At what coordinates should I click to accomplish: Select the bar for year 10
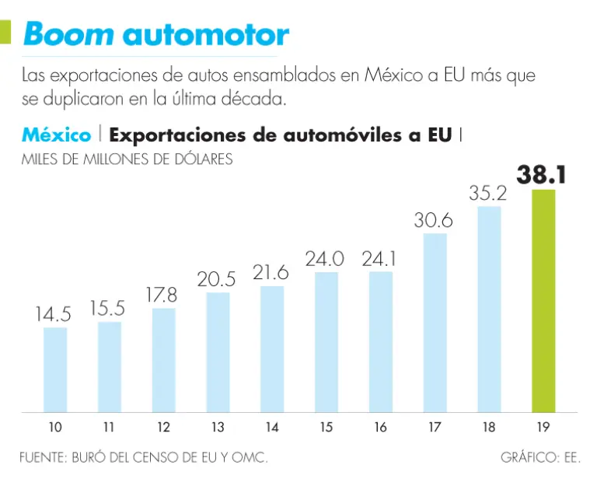(x=55, y=369)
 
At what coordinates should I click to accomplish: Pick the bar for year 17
(x=435, y=322)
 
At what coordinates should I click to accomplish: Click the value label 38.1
(x=543, y=174)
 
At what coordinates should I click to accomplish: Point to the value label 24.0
(x=325, y=259)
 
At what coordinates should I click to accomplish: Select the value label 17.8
(x=162, y=295)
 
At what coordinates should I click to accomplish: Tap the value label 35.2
(x=488, y=193)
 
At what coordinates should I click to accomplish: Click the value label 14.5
(x=54, y=315)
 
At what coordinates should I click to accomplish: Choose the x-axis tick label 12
(x=163, y=427)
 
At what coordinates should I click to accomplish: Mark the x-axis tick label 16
(x=380, y=427)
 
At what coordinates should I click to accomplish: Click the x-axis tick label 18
(x=489, y=427)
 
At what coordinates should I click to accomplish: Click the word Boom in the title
(x=69, y=33)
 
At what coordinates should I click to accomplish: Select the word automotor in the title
(x=206, y=33)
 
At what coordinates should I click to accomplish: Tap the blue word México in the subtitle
(x=56, y=135)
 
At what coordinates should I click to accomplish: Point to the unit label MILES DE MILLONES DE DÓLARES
(x=127, y=160)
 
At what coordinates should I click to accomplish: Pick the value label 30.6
(x=434, y=221)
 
